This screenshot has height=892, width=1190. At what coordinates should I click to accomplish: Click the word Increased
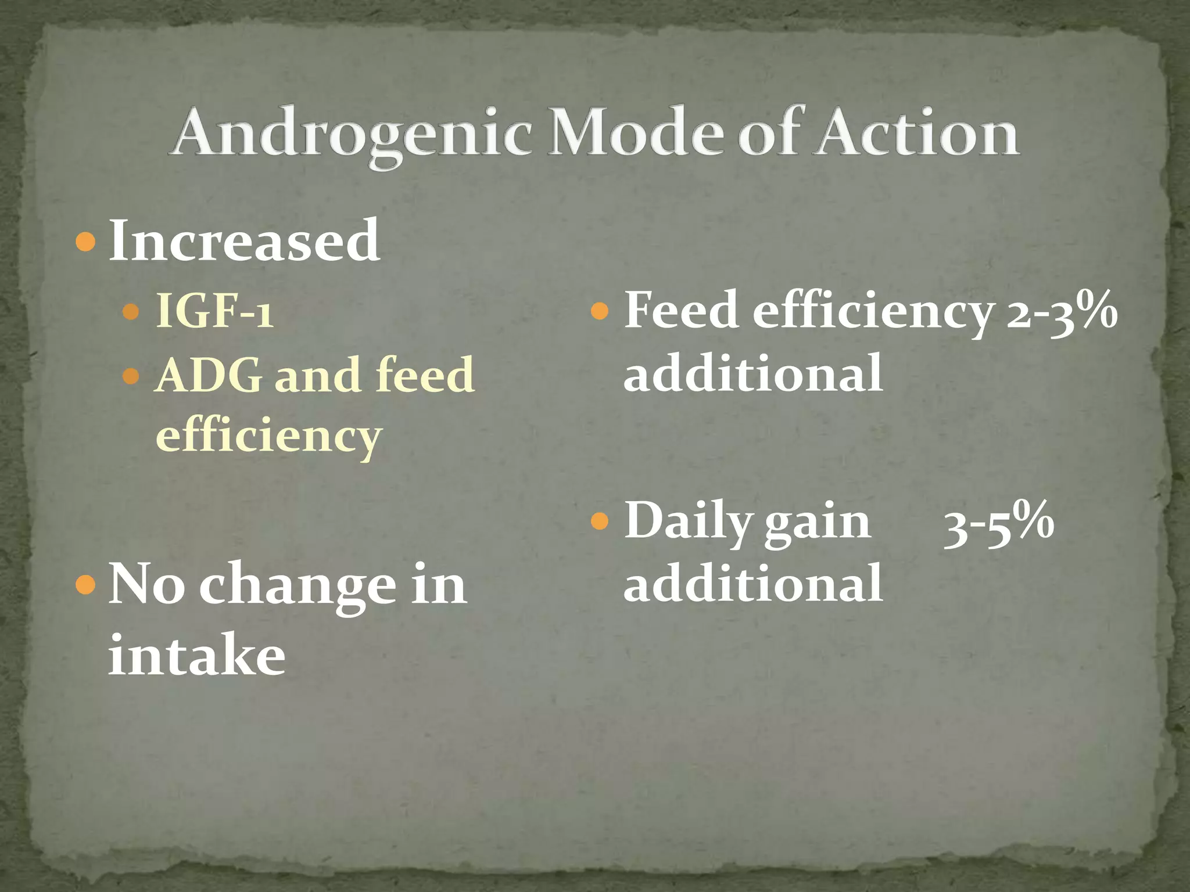point(245,241)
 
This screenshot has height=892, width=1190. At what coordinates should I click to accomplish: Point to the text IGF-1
point(214,312)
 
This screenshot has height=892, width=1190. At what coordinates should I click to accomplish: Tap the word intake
point(196,655)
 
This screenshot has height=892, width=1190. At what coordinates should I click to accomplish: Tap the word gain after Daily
point(817,523)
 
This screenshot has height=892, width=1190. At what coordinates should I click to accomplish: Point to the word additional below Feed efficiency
point(753,373)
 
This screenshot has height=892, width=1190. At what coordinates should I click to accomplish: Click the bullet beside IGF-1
point(131,312)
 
